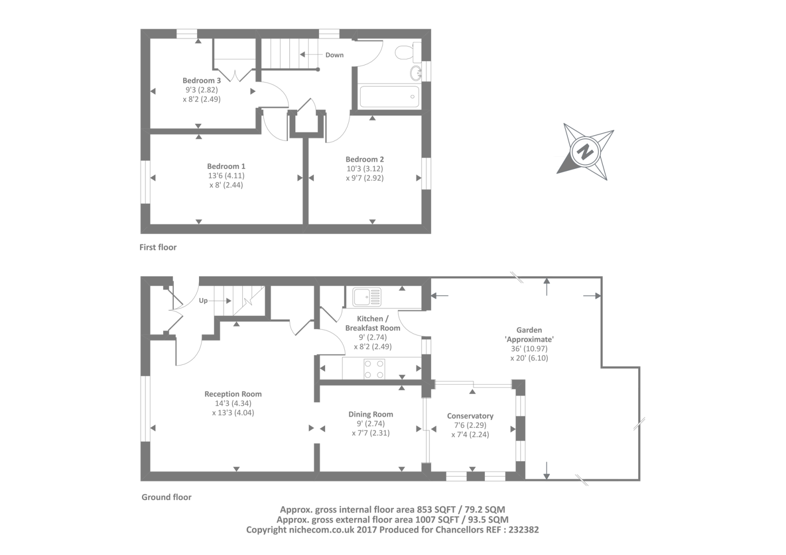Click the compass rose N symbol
point(585,152)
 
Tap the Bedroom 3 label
point(201,81)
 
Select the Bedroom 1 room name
point(226,166)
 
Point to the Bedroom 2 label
point(365,159)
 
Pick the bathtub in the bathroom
point(389,96)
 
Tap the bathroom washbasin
point(415,73)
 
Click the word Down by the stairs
point(335,55)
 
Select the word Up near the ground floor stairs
point(203,301)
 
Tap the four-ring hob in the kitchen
point(374,369)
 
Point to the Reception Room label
point(233,394)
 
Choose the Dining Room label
point(371,414)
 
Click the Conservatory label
point(470,416)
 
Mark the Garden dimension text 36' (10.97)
point(529,349)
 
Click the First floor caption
point(158,247)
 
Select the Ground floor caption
point(167,497)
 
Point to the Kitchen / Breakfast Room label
point(372,323)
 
